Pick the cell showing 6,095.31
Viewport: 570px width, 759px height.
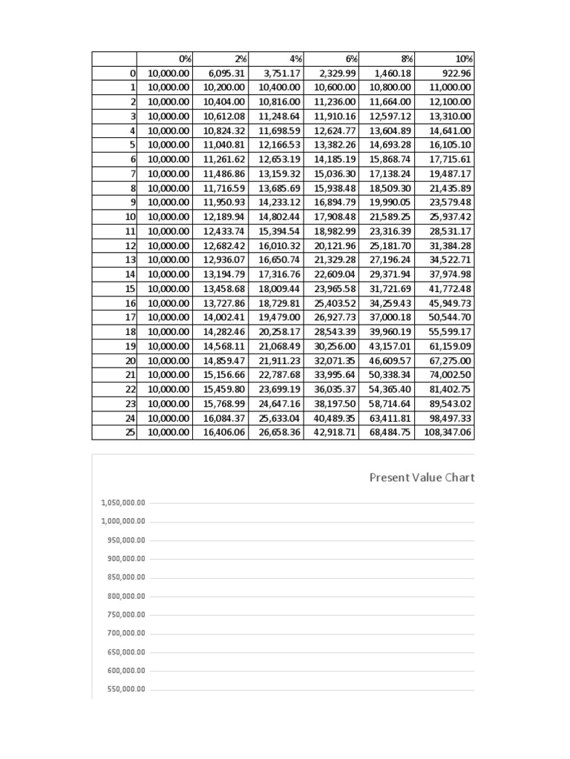(x=227, y=73)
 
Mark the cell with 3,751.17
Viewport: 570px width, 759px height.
(x=283, y=73)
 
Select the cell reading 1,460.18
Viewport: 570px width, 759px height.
(x=393, y=73)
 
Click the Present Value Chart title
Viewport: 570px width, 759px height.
(x=422, y=477)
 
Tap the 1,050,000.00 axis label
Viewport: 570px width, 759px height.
(x=123, y=503)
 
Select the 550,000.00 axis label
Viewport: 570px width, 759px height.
(x=126, y=689)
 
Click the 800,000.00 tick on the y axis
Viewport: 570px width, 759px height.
(x=126, y=596)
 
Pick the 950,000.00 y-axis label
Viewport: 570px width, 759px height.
(x=126, y=540)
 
